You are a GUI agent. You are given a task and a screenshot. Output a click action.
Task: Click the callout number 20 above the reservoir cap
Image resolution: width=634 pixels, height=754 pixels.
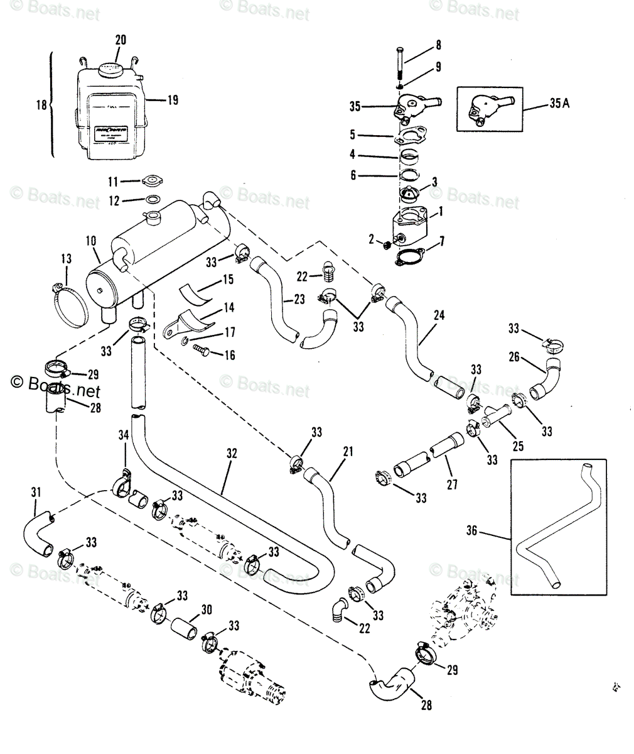(121, 40)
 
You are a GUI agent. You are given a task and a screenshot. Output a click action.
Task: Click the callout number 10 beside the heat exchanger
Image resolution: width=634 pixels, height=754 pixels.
(92, 241)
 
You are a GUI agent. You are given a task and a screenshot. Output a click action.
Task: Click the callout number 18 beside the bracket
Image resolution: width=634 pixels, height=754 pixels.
(41, 105)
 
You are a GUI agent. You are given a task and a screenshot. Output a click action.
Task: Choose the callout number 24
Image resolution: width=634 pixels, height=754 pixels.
(438, 315)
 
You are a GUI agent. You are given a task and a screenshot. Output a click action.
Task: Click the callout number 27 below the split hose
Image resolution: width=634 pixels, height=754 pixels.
(452, 484)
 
